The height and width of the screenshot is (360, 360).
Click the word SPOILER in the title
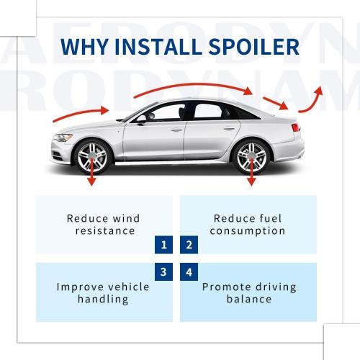(254, 46)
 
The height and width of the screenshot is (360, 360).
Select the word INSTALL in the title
(158, 46)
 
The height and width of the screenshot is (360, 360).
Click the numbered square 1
(163, 245)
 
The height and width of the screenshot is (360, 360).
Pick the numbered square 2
(189, 245)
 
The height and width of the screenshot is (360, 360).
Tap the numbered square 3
(163, 272)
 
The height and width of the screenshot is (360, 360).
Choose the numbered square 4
(189, 272)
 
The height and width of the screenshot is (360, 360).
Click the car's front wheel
(92, 156)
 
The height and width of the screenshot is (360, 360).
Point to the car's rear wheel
(251, 156)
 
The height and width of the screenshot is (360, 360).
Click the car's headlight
(63, 138)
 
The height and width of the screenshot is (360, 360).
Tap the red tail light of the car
(296, 127)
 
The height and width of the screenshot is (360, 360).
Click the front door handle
(176, 130)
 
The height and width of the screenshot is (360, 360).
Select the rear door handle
(229, 129)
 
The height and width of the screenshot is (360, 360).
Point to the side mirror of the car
(142, 120)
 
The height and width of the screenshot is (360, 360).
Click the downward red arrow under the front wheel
(91, 171)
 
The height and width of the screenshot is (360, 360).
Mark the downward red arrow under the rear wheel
(251, 171)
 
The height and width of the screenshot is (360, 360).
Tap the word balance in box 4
(249, 300)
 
